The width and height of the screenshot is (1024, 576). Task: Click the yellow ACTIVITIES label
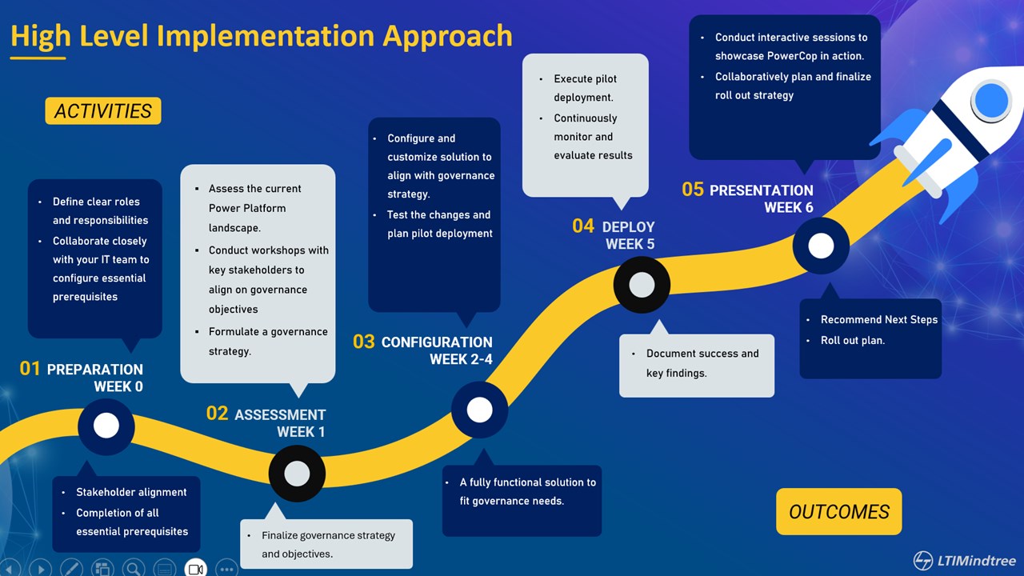pyautogui.click(x=103, y=111)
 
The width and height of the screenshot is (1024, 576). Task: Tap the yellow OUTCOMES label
pyautogui.click(x=838, y=512)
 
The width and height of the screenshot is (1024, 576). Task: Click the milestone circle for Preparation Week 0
pyautogui.click(x=106, y=426)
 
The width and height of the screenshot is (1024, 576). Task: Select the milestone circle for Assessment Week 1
pyautogui.click(x=297, y=474)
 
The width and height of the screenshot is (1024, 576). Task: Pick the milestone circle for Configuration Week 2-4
pyautogui.click(x=479, y=410)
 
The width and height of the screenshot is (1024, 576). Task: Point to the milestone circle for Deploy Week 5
pyautogui.click(x=642, y=285)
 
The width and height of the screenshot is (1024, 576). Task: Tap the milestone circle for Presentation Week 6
pyautogui.click(x=821, y=246)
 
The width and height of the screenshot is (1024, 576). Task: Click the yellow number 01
pyautogui.click(x=30, y=369)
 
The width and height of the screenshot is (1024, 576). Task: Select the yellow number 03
pyautogui.click(x=364, y=342)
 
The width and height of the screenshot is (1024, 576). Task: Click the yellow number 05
pyautogui.click(x=693, y=190)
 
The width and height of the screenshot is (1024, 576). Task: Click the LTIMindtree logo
pyautogui.click(x=966, y=560)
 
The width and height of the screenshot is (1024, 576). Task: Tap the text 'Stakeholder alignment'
pyautogui.click(x=131, y=492)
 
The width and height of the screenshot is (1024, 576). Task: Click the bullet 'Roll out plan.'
pyautogui.click(x=853, y=340)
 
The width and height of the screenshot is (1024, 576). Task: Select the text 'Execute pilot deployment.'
pyautogui.click(x=585, y=88)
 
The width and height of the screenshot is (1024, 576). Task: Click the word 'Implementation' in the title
pyautogui.click(x=265, y=36)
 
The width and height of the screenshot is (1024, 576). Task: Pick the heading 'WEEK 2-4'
pyautogui.click(x=461, y=359)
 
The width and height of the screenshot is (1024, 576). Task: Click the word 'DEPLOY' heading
pyautogui.click(x=628, y=226)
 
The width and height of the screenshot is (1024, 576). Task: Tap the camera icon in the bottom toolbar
pyautogui.click(x=196, y=568)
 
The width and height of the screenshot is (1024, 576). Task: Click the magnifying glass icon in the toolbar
pyautogui.click(x=133, y=568)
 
